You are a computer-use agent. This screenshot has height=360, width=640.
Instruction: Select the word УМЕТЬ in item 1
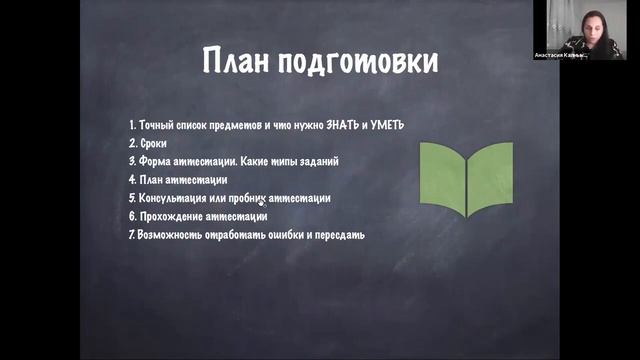coord(384,125)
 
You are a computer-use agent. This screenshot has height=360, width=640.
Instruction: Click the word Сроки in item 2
coord(153,143)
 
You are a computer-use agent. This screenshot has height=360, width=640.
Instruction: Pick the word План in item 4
coord(151,180)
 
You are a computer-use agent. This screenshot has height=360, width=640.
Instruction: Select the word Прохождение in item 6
coord(174,216)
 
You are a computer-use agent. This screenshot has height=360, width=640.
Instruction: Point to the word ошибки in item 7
coord(285,235)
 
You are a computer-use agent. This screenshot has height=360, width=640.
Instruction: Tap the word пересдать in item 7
coord(342,235)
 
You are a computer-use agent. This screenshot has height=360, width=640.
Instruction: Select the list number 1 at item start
coord(132,125)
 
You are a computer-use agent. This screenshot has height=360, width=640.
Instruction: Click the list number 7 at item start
coord(131,235)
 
